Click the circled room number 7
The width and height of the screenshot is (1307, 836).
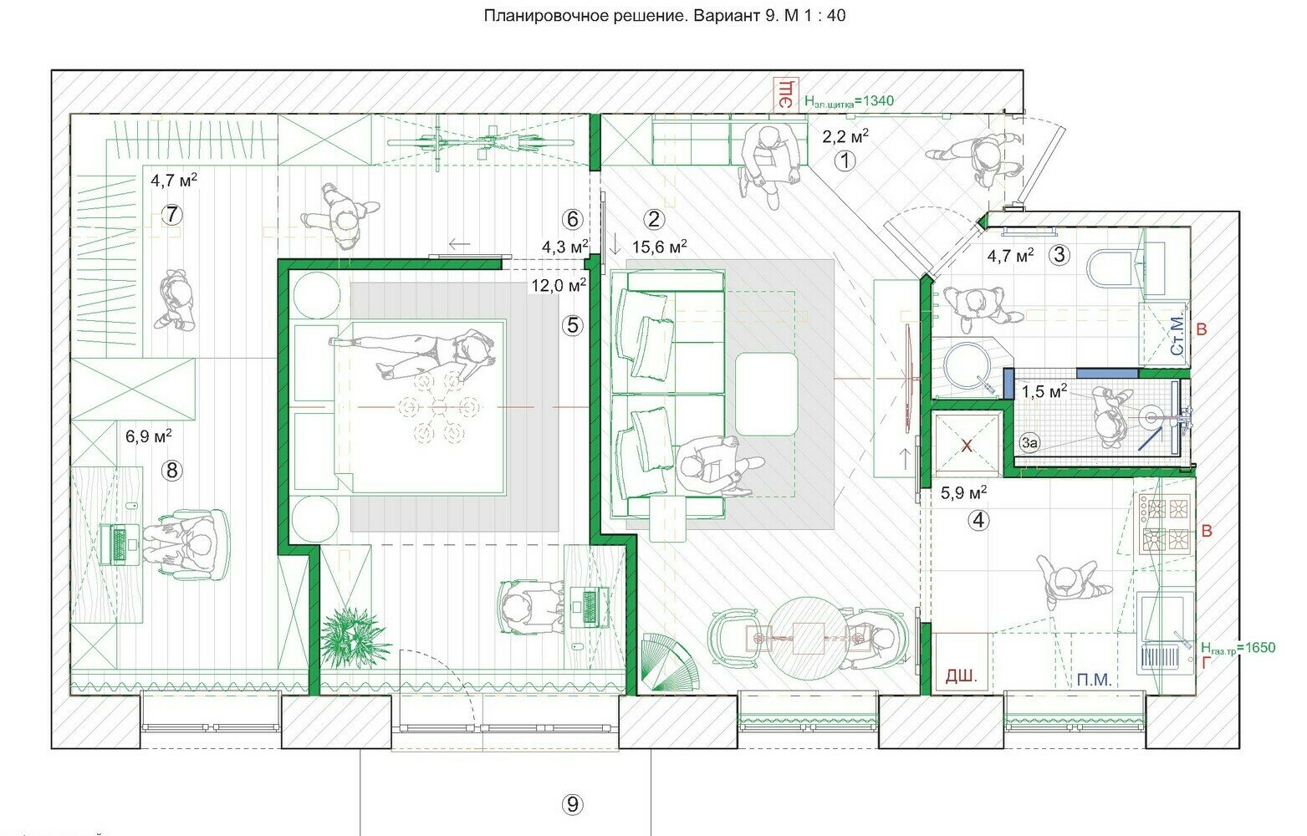(171, 215)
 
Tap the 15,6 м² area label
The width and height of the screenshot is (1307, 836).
(659, 246)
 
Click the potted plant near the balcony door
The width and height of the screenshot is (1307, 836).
(354, 638)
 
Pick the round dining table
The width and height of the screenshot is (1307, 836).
(808, 638)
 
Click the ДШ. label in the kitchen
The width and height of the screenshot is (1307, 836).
(961, 675)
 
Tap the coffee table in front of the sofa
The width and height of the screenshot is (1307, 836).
(766, 394)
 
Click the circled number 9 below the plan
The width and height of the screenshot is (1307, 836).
(573, 804)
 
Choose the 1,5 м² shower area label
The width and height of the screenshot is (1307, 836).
(1044, 391)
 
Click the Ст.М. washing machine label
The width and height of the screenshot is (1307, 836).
(1178, 335)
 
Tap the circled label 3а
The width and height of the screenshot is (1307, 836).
(1030, 443)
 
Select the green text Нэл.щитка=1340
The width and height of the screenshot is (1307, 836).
(849, 101)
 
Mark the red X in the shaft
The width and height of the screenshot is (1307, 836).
(967, 446)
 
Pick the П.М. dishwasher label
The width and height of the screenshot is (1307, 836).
(1094, 680)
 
